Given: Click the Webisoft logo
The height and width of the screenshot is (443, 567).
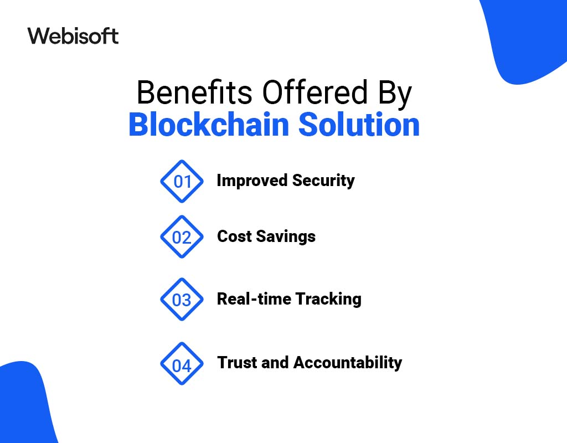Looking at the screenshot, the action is point(73,36).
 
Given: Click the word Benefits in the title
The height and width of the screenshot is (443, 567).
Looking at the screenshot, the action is point(194,92).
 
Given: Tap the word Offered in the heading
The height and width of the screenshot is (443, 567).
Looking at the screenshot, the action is point(315,92).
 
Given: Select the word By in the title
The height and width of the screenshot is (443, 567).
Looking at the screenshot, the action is point(395,95).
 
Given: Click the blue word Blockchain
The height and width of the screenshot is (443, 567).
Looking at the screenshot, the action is point(209,124).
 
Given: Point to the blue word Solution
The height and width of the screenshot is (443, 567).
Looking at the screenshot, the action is point(359,124).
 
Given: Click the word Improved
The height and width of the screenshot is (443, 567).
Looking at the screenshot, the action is point(252,181).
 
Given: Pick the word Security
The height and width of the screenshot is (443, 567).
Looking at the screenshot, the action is point(323,181).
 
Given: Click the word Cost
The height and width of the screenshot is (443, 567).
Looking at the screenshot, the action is point(234,236).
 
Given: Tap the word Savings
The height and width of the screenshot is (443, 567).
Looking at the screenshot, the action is point(286,237).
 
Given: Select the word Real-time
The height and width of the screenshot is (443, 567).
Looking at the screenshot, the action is point(254,298).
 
